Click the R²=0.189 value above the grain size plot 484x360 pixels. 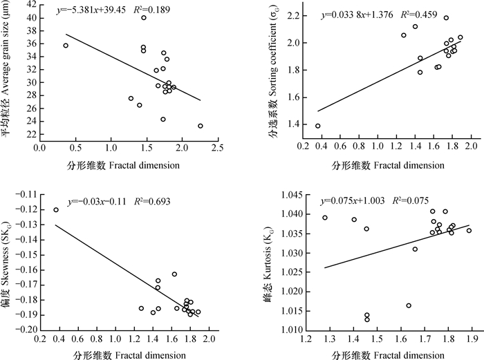(x=158, y=11)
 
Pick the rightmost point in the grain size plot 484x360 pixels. (x=201, y=126)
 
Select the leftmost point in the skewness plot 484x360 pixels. (x=56, y=209)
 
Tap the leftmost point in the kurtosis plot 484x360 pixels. (x=325, y=218)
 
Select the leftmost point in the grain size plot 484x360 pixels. (x=66, y=46)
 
